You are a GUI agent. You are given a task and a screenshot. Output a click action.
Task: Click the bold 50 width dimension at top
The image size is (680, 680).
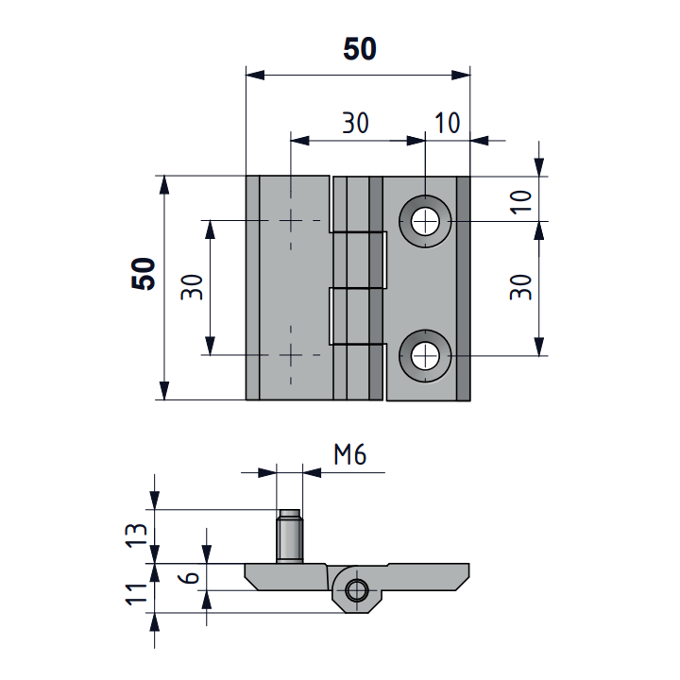point(360,48)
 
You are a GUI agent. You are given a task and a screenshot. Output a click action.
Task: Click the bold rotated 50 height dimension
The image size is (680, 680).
point(144,274)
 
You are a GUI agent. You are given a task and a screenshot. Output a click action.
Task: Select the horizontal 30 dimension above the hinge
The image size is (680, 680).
point(356,123)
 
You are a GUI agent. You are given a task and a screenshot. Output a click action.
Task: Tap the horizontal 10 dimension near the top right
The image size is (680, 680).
point(447,123)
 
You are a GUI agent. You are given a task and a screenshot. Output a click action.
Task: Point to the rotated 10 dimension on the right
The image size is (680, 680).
point(520,202)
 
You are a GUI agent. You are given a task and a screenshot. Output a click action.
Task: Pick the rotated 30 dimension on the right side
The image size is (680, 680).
point(520,287)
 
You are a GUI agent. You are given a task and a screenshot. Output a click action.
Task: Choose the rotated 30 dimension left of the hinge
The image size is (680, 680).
point(192,287)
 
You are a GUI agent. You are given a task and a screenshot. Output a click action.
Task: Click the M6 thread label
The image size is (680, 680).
point(350,455)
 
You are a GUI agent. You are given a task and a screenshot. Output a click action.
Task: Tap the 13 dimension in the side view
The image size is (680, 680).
point(136,535)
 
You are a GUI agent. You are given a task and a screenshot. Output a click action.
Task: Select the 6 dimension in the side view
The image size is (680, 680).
point(189,577)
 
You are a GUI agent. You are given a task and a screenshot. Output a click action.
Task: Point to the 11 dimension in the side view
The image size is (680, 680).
point(136,594)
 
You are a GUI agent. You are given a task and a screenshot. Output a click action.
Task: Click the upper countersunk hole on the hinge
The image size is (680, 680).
point(425,222)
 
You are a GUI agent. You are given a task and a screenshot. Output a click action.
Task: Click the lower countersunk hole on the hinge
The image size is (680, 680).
point(425,356)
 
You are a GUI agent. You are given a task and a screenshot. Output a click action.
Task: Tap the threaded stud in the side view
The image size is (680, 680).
point(289,536)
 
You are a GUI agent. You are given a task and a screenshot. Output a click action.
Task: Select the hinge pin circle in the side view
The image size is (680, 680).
point(357,590)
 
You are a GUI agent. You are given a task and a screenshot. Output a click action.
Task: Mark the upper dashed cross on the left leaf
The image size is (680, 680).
point(291,221)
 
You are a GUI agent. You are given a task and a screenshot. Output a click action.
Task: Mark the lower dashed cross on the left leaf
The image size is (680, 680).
point(291,355)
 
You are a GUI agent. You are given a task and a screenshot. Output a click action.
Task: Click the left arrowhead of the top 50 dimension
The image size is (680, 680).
point(255,75)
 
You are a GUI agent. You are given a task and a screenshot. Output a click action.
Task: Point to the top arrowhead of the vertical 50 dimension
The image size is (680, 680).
point(164,185)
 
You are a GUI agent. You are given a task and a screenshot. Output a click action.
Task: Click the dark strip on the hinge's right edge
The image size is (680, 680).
point(464,288)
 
